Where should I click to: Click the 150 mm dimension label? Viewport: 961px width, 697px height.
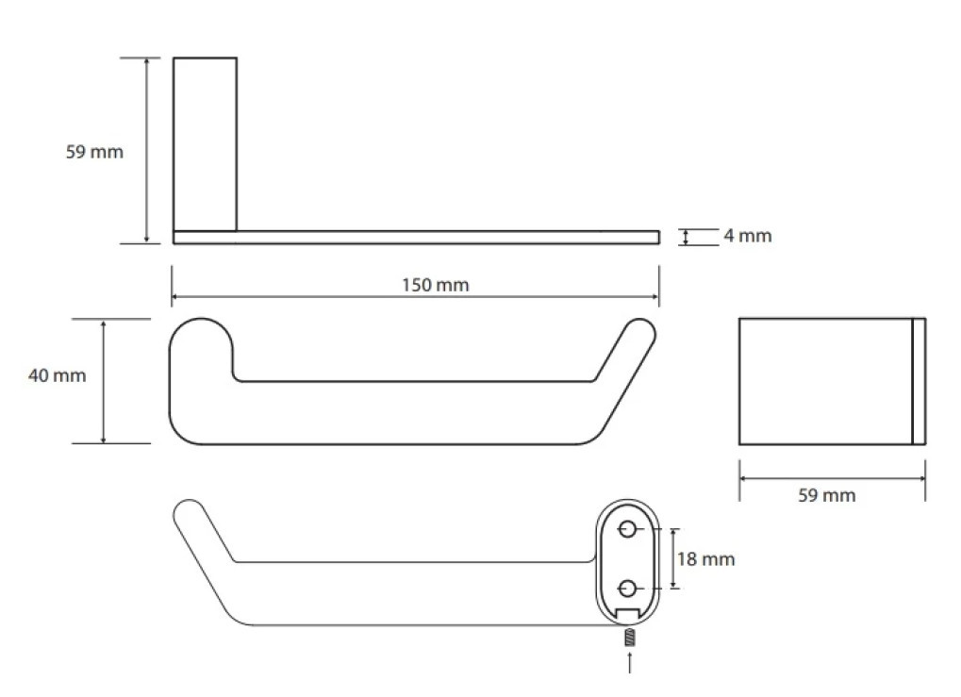(x=435, y=285)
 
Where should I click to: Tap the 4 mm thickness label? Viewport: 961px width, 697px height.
(x=747, y=236)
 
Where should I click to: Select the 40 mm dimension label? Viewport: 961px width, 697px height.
(x=57, y=375)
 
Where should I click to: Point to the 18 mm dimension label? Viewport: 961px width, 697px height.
(x=705, y=559)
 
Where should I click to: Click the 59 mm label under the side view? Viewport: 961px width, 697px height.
(x=827, y=495)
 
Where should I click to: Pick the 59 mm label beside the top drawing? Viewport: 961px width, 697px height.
(x=94, y=152)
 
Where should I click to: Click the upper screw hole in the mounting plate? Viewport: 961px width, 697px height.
(x=627, y=528)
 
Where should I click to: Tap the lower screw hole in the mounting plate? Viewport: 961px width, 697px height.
(x=627, y=589)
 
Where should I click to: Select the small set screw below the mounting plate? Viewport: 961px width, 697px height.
(x=629, y=639)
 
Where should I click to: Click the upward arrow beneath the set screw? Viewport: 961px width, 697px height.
(x=629, y=663)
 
